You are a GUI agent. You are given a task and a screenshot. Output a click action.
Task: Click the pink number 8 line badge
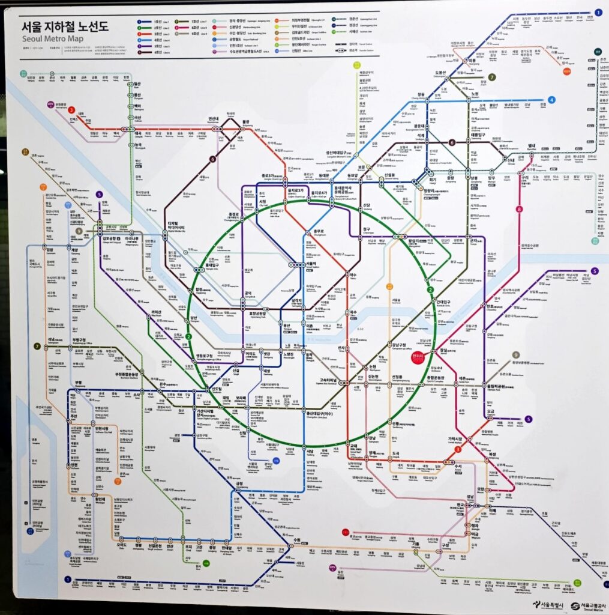pos(519,210)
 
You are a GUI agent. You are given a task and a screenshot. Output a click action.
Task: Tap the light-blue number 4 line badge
pos(551,100)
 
